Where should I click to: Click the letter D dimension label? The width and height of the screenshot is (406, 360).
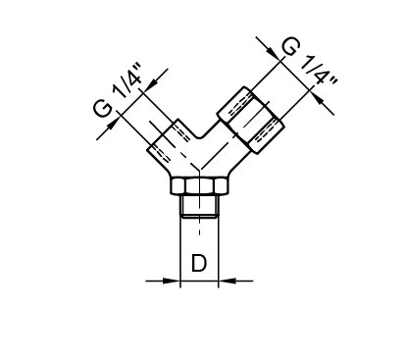[x=199, y=263]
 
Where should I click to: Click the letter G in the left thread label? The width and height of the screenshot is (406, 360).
[x=103, y=109]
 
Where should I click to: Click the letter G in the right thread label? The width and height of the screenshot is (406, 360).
[x=290, y=47]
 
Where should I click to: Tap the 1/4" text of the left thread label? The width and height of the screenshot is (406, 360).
[x=128, y=81]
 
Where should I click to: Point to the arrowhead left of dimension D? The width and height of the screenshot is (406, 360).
[x=172, y=281]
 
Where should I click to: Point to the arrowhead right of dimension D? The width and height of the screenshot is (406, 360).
[x=228, y=281]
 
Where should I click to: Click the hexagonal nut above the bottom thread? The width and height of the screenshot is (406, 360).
[x=199, y=186]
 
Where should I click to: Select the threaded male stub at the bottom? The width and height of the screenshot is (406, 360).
[x=199, y=206]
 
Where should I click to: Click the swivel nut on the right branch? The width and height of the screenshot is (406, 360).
[x=250, y=120]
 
